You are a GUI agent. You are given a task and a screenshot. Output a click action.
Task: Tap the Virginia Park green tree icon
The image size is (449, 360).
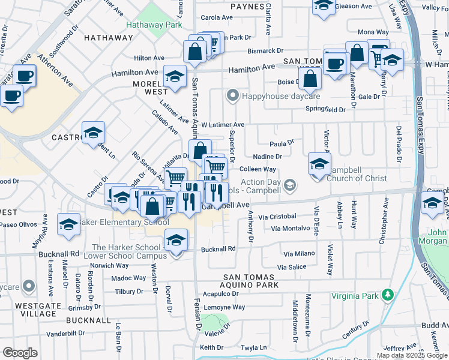click(388, 295)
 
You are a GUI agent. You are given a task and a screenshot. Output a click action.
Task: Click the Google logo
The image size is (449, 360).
click(20, 352)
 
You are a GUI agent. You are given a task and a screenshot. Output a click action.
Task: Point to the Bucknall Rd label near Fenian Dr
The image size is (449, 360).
click(218, 248)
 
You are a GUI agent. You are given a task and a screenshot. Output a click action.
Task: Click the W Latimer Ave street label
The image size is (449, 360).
click(223, 125)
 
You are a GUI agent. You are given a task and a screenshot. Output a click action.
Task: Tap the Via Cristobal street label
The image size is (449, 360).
click(277, 216)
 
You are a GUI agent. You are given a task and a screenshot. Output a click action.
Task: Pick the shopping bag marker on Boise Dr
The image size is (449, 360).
click(310, 78)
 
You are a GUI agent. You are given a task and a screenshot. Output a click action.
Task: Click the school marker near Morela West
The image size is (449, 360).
click(174, 76)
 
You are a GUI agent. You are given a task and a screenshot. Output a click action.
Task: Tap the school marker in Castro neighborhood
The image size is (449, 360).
click(93, 133)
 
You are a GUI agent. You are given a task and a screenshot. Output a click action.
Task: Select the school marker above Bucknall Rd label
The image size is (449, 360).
click(176, 241)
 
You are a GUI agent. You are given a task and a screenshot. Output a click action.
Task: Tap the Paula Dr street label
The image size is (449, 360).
click(282, 143)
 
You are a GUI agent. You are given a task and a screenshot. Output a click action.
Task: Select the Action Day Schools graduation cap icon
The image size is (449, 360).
click(289, 184)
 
